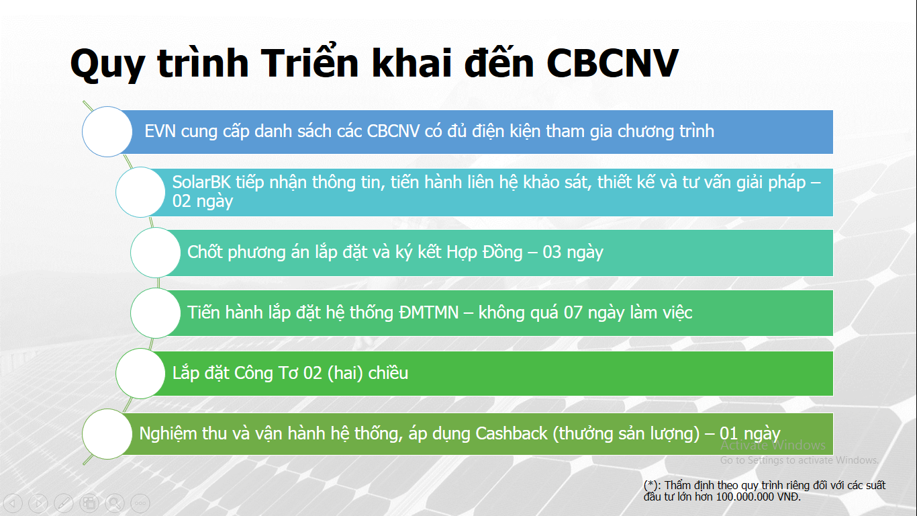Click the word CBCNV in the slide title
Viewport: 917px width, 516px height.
[612, 63]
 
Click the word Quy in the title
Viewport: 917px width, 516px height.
[107, 66]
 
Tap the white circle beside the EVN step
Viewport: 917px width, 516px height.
[107, 132]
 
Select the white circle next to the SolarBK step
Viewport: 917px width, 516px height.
[140, 191]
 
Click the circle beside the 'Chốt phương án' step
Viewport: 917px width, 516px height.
[156, 253]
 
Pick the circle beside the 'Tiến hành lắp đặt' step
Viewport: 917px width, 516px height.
[156, 312]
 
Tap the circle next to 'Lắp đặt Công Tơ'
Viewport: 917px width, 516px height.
[140, 374]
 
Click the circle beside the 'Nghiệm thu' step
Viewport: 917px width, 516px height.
[107, 433]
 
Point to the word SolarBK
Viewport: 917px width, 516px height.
[201, 182]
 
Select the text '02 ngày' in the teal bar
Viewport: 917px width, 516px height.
[203, 202]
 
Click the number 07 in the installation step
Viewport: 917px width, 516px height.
[573, 312]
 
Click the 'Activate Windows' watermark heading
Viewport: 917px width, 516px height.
[773, 445]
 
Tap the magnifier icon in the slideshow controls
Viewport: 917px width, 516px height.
[115, 503]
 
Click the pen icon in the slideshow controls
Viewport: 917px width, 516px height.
[64, 503]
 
